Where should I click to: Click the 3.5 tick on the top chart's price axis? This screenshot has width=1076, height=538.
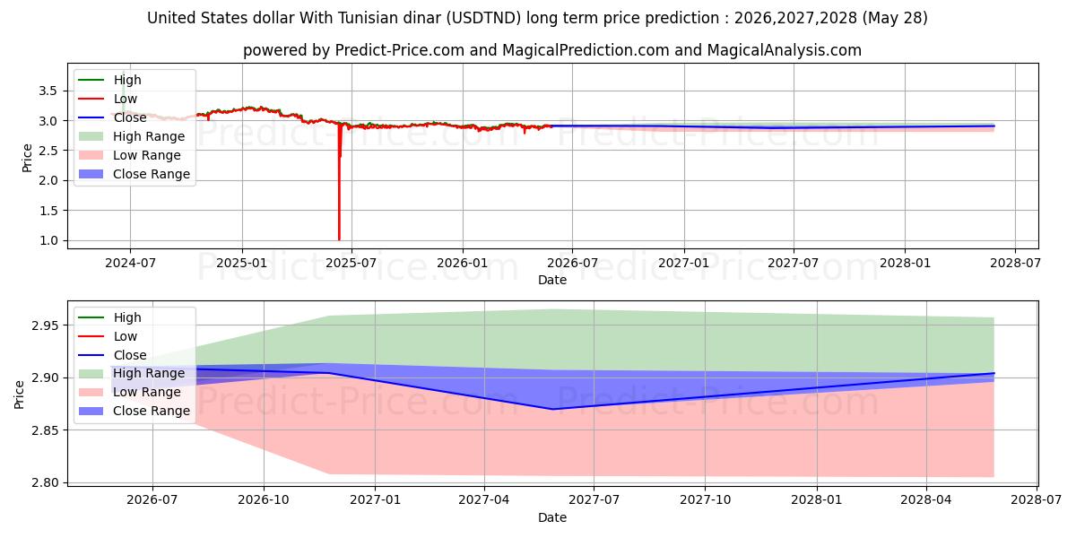[48, 91]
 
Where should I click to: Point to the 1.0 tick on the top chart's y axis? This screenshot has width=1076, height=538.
[48, 240]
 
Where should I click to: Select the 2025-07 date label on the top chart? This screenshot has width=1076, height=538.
[351, 264]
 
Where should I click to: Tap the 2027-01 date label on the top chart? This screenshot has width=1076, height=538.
[683, 264]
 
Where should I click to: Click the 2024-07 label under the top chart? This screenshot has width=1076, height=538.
[130, 264]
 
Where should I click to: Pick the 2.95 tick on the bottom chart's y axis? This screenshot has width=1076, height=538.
[44, 325]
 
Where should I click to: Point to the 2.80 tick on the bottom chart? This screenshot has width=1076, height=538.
[44, 482]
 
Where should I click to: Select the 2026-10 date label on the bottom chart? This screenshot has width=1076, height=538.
[264, 500]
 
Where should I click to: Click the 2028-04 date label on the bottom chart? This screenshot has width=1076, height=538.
[925, 500]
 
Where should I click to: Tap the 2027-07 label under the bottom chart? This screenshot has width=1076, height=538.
[594, 500]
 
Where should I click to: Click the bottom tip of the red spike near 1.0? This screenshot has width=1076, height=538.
[339, 239]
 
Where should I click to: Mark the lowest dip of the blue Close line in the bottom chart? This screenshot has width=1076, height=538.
[553, 409]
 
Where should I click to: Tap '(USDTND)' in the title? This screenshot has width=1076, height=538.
[483, 18]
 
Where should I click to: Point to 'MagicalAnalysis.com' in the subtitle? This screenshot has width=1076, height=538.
[784, 50]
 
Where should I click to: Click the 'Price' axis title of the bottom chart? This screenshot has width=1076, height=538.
[19, 395]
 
